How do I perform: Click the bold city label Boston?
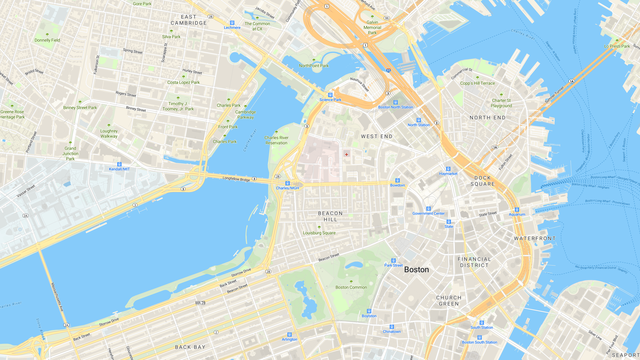[x=416, y=270]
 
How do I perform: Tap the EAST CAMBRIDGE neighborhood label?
[x=195, y=20]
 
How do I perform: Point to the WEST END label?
[x=376, y=135]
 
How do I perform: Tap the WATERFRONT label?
[x=534, y=239]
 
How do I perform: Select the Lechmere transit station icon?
[x=232, y=22]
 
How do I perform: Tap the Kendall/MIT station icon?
[x=120, y=163]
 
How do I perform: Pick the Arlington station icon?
[x=289, y=333]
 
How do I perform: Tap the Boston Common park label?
[x=351, y=287]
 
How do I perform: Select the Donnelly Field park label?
[x=46, y=40]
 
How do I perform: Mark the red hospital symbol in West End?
[x=347, y=154]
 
